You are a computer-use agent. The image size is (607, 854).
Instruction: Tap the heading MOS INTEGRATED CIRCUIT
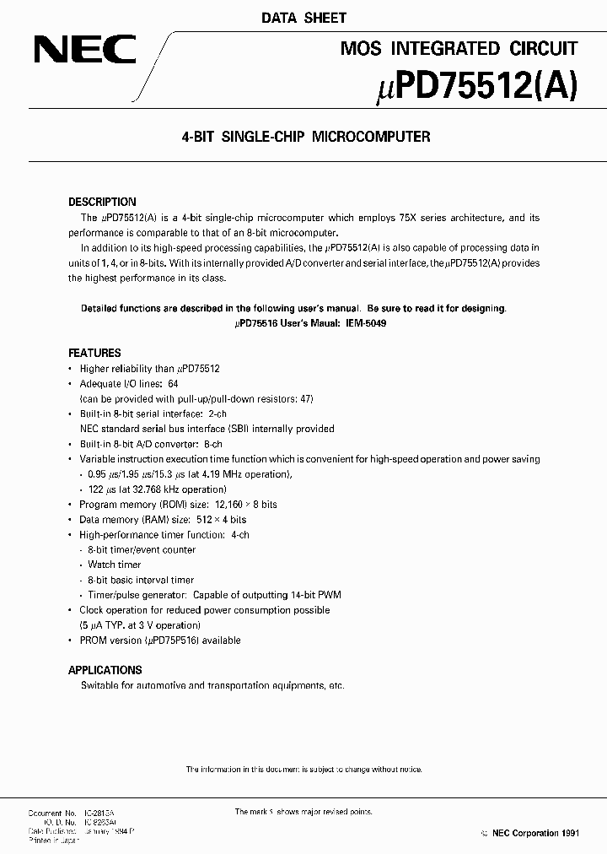tap(459, 49)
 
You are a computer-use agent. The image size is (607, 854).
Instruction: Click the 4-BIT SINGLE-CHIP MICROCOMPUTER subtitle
tap(303, 137)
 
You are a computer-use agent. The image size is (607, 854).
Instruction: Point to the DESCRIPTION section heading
tap(101, 203)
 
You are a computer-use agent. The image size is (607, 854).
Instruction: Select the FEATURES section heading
tap(94, 354)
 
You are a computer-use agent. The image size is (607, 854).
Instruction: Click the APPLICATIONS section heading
tap(105, 670)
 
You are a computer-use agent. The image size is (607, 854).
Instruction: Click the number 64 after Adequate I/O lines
tap(173, 384)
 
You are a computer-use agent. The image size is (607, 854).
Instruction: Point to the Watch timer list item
tap(115, 565)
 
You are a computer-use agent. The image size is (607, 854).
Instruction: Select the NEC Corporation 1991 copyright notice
tap(524, 834)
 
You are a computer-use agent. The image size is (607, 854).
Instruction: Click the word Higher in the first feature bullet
tap(94, 369)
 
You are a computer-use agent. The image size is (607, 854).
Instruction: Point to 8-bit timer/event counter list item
tap(142, 550)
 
